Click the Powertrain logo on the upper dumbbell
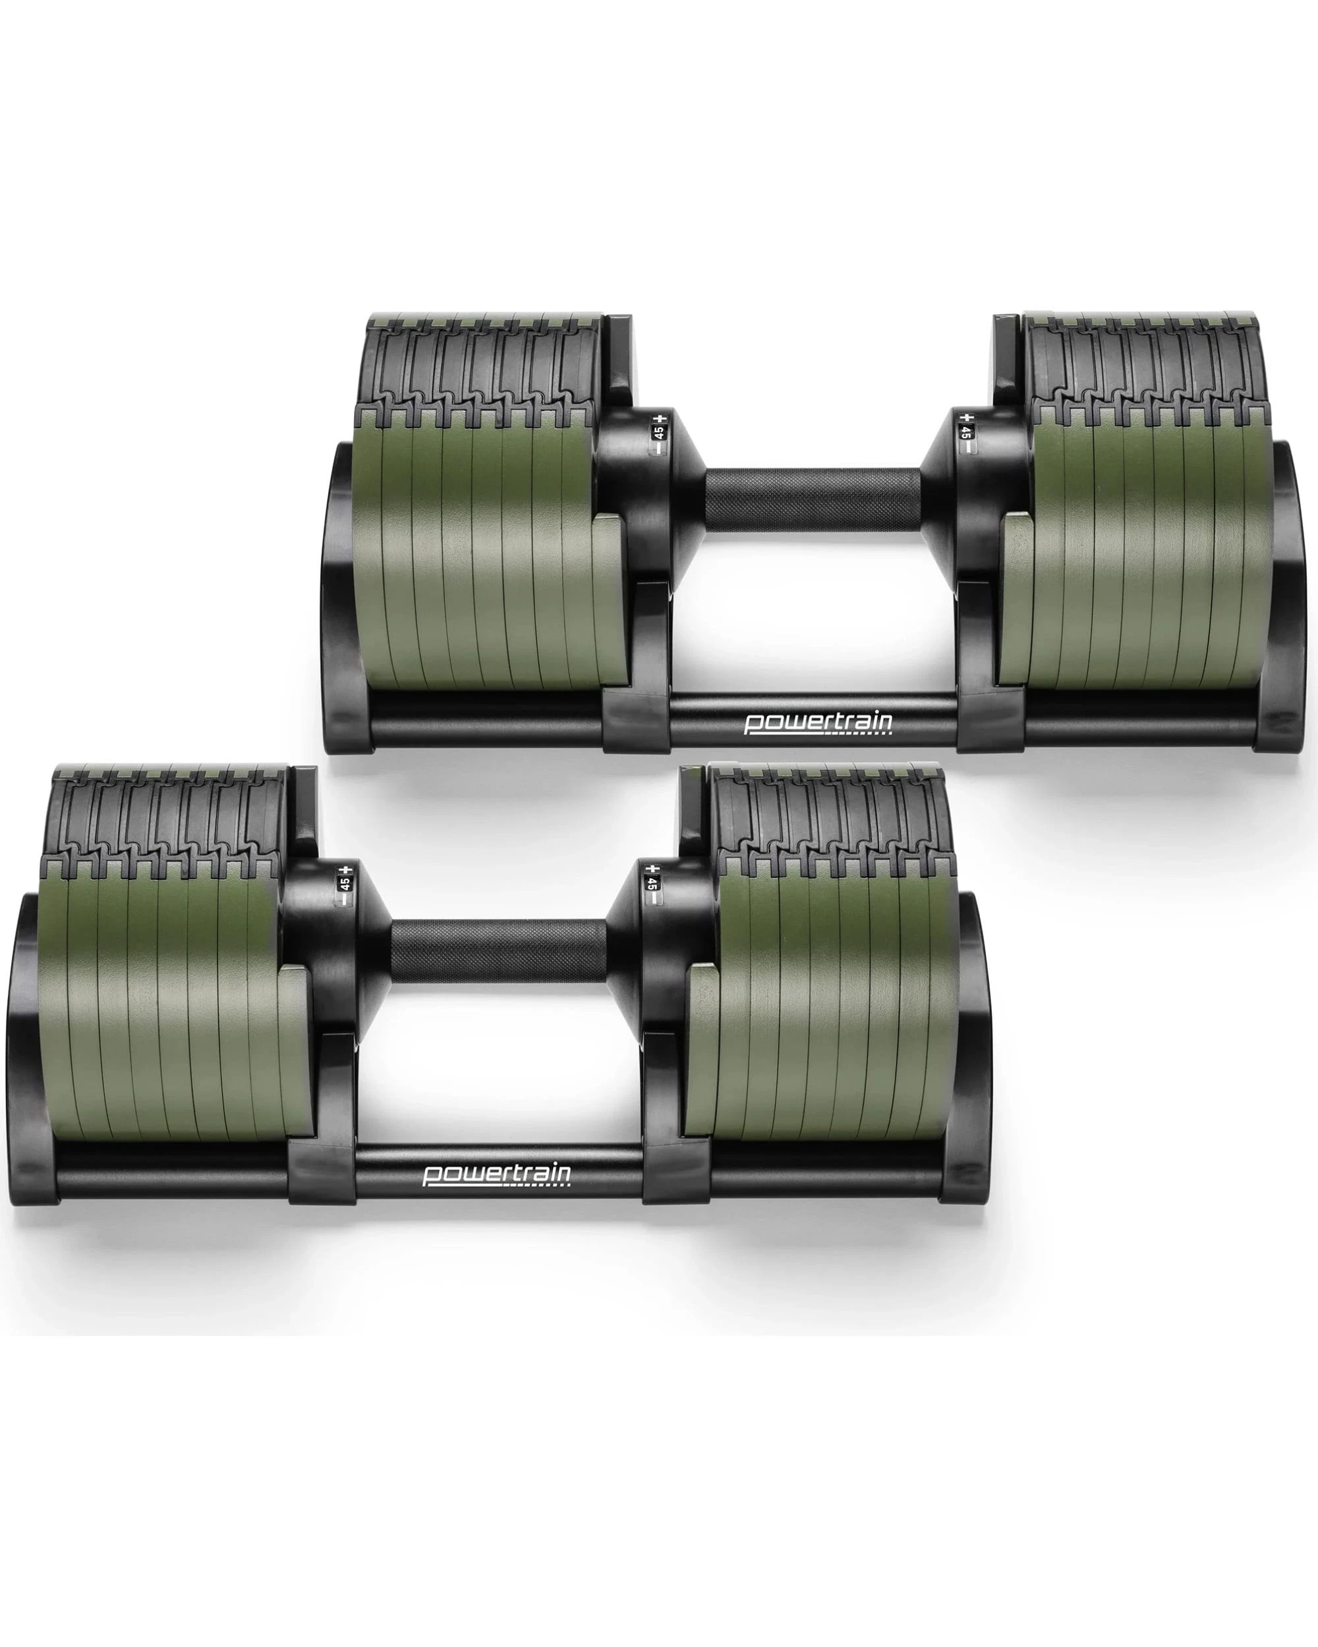coord(818,722)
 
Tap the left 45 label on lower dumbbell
coord(345,884)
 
